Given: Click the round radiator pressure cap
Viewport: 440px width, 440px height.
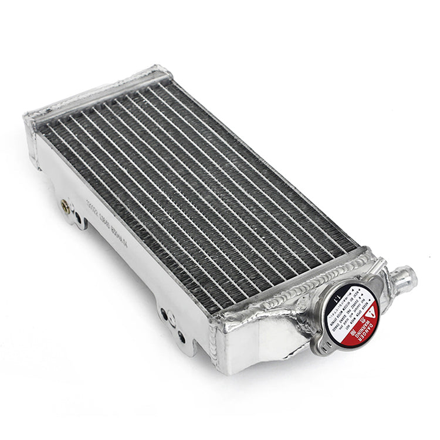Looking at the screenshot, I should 350,315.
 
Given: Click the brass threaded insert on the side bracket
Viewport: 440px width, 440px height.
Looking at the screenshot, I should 65,207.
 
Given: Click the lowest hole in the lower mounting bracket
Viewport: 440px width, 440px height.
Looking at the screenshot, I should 181,337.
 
